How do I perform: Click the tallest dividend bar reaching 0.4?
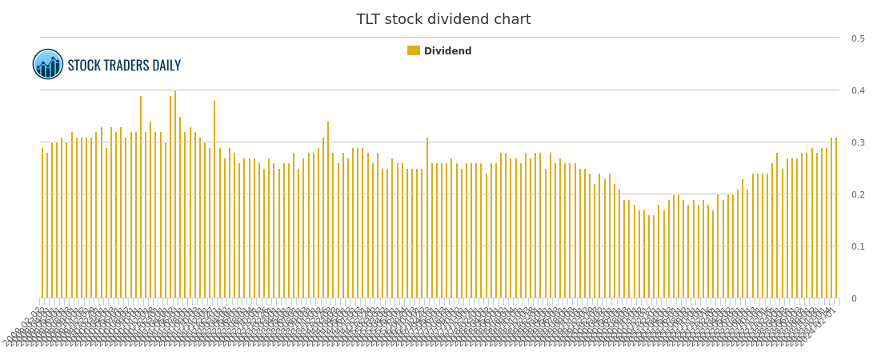[x=175, y=194]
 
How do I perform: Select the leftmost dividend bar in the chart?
[x=42, y=223]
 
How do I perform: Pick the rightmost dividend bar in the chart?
[x=836, y=218]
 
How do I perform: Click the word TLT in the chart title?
[x=370, y=20]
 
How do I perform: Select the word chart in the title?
[x=512, y=20]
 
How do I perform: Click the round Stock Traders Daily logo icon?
[x=48, y=65]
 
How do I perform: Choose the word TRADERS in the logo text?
[x=129, y=66]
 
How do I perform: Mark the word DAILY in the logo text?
[x=167, y=66]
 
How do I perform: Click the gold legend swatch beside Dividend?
[x=414, y=51]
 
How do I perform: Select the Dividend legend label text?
[x=447, y=51]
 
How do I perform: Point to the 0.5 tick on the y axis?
[x=857, y=38]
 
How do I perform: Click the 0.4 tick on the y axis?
[x=857, y=90]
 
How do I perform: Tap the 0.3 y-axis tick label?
[x=857, y=142]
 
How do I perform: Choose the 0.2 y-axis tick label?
[x=857, y=194]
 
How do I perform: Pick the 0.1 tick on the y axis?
[x=857, y=246]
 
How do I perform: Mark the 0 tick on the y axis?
[x=853, y=298]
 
